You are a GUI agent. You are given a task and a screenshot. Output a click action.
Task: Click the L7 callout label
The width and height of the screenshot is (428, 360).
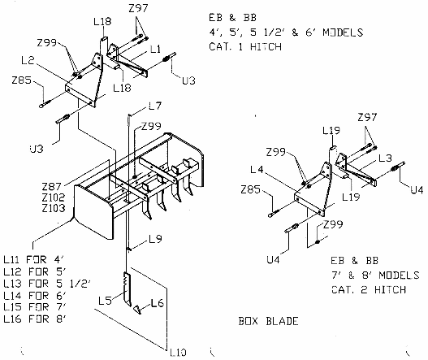click(155, 106)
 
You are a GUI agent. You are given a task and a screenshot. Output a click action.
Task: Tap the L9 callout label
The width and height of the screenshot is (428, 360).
click(156, 239)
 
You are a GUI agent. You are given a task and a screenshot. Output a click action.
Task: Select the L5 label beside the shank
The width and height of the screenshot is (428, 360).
click(105, 301)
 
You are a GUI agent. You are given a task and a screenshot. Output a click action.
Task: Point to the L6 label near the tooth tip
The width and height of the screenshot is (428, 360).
click(158, 303)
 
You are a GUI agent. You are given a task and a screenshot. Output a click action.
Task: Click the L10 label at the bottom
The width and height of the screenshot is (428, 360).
click(178, 353)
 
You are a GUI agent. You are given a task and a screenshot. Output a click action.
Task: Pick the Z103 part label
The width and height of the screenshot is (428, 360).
click(54, 208)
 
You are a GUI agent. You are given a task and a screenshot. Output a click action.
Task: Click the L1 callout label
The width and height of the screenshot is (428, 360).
click(156, 50)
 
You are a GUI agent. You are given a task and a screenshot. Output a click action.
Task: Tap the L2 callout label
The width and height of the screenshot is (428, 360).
click(28, 60)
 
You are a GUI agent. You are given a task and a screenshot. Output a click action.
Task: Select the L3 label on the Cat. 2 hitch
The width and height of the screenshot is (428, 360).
click(386, 158)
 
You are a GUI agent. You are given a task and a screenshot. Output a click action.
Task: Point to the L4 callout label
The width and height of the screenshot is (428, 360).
click(257, 170)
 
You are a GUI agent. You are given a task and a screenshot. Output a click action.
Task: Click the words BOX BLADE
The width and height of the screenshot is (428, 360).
click(268, 321)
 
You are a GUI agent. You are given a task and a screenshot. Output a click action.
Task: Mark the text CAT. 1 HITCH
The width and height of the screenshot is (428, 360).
click(245, 46)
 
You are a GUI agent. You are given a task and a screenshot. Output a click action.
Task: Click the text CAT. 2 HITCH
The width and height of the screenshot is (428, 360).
click(369, 289)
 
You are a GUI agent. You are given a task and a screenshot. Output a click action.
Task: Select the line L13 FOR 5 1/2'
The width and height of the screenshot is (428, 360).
click(46, 284)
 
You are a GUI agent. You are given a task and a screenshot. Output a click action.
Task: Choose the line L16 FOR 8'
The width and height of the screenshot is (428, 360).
click(35, 319)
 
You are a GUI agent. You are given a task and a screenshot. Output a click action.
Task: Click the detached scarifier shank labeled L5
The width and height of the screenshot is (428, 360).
click(128, 289)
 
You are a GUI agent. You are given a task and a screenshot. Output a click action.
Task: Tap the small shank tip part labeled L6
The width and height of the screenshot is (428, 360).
click(138, 310)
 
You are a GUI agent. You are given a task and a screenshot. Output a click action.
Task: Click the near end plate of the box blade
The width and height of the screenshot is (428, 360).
click(93, 211)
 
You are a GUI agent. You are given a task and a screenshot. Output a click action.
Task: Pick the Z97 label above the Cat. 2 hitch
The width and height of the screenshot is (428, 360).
click(367, 118)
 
